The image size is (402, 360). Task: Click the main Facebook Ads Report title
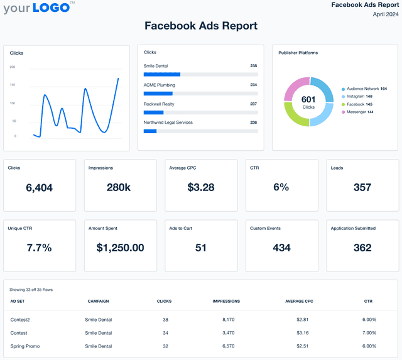201,26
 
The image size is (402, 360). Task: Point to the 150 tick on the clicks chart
13,85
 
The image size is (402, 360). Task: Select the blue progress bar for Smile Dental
162,74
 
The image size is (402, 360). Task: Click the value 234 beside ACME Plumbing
253,84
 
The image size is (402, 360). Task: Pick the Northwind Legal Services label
168,123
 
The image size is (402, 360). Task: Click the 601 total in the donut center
308,99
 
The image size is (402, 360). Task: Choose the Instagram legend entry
356,96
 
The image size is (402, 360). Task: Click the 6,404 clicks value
40,187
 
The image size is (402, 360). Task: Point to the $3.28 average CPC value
200,187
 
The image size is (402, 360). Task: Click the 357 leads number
362,187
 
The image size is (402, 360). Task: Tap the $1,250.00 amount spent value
120,248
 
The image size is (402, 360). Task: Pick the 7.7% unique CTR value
39,248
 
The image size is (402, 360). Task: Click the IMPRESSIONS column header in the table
226,302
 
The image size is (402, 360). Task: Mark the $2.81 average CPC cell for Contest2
303,320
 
